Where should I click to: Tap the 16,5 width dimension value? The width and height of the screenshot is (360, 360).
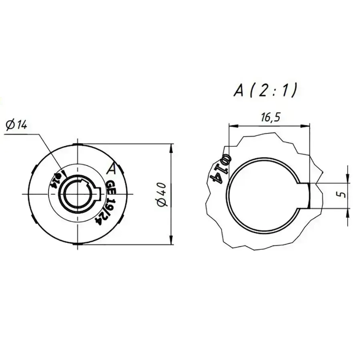[x=269, y=118]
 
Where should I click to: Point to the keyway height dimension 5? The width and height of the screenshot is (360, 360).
[x=343, y=195]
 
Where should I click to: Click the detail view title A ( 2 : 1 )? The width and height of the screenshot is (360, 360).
[x=265, y=90]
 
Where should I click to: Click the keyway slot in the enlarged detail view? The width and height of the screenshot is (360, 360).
[x=304, y=195]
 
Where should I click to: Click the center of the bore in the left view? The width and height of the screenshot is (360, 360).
[x=77, y=194]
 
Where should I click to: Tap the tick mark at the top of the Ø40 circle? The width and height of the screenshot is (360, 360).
[x=77, y=144]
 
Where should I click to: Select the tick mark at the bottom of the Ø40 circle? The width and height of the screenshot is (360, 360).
[x=77, y=244]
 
